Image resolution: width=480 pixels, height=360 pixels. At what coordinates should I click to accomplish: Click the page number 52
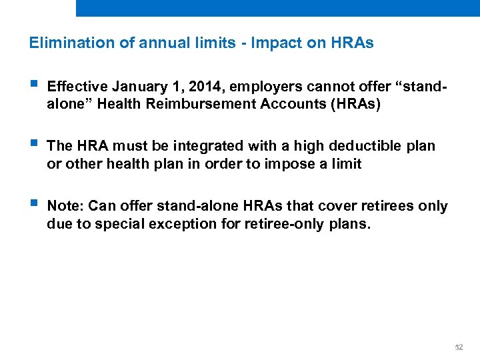coord(458,347)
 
